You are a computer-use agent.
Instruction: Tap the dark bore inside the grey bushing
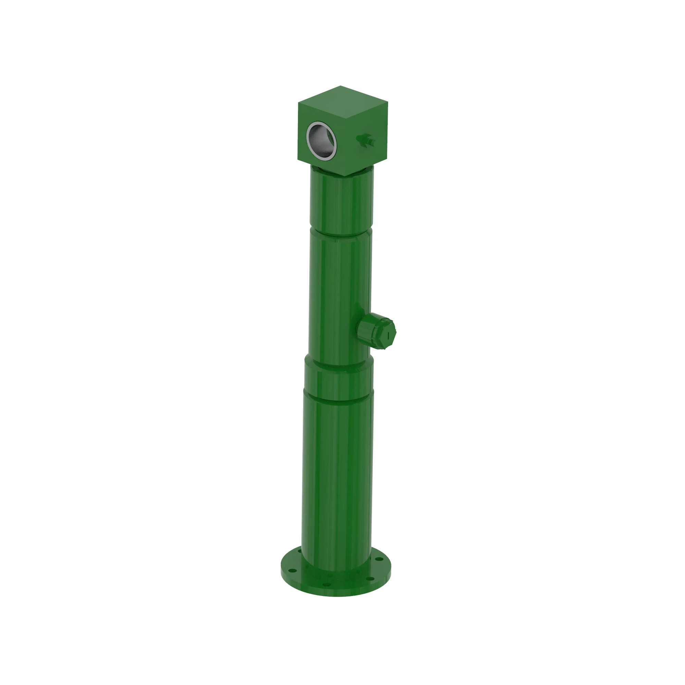[x=322, y=141]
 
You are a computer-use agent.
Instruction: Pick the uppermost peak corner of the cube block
[x=341, y=86]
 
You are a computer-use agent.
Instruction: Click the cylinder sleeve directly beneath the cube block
[x=341, y=202]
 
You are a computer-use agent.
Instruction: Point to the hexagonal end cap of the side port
[x=383, y=333]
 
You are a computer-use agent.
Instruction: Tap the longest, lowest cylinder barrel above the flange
[x=337, y=479]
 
